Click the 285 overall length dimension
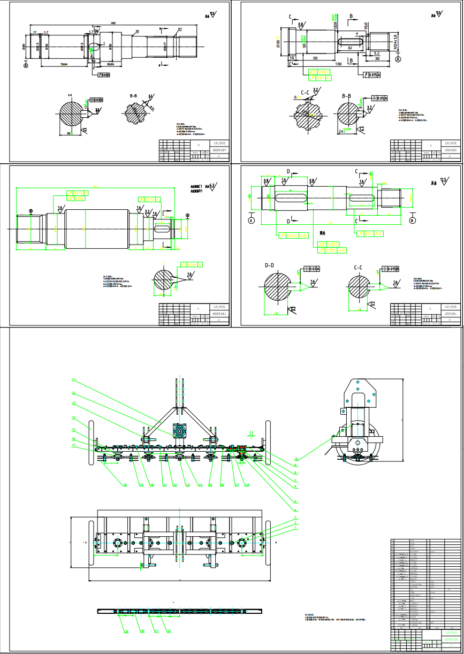point(113,23)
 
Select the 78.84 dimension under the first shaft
point(64,65)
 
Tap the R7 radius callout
point(180,29)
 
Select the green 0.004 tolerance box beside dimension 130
point(323,71)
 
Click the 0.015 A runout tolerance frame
point(371,75)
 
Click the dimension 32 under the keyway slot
point(349,48)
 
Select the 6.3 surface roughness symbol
point(212,186)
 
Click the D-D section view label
point(269,265)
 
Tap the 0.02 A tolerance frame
point(311,269)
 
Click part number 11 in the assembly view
point(73,381)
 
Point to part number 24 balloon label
point(200,485)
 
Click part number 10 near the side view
point(295,459)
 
